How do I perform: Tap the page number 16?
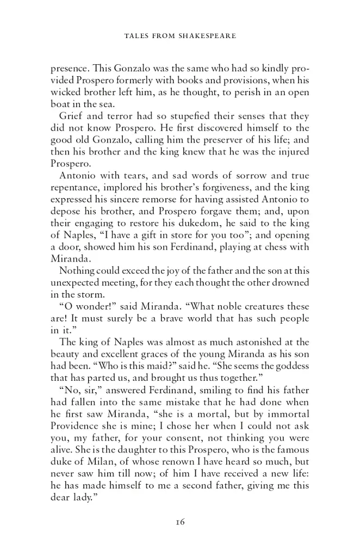tap(181, 523)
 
